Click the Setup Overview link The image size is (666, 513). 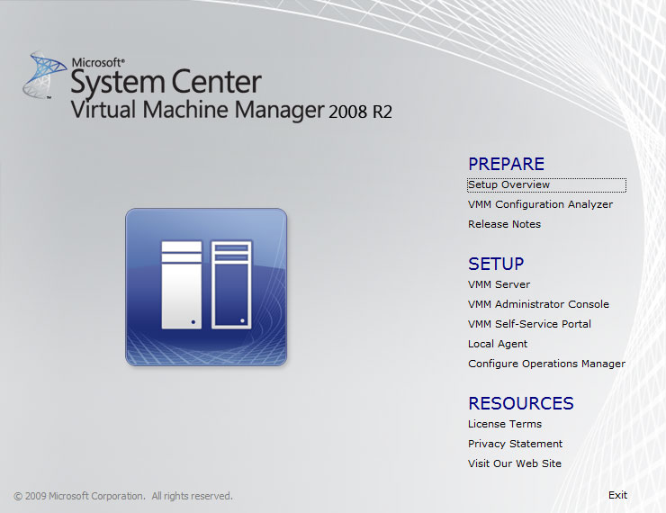508,184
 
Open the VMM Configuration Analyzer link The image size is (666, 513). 540,204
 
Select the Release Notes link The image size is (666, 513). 504,224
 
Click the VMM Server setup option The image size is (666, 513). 499,284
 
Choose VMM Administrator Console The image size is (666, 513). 538,304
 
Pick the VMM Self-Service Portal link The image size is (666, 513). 530,324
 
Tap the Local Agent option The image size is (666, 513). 498,344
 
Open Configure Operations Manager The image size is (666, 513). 546,364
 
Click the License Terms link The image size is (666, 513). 505,424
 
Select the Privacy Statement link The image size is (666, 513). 515,444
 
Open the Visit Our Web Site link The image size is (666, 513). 515,463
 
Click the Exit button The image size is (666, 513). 617,495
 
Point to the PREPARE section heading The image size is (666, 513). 507,164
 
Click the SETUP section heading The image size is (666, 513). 496,264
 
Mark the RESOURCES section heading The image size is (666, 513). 521,403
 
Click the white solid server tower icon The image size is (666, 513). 182,284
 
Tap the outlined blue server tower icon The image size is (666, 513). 231,284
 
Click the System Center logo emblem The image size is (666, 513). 44,76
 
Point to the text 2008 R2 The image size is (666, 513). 360,112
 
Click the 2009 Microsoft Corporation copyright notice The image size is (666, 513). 123,496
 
